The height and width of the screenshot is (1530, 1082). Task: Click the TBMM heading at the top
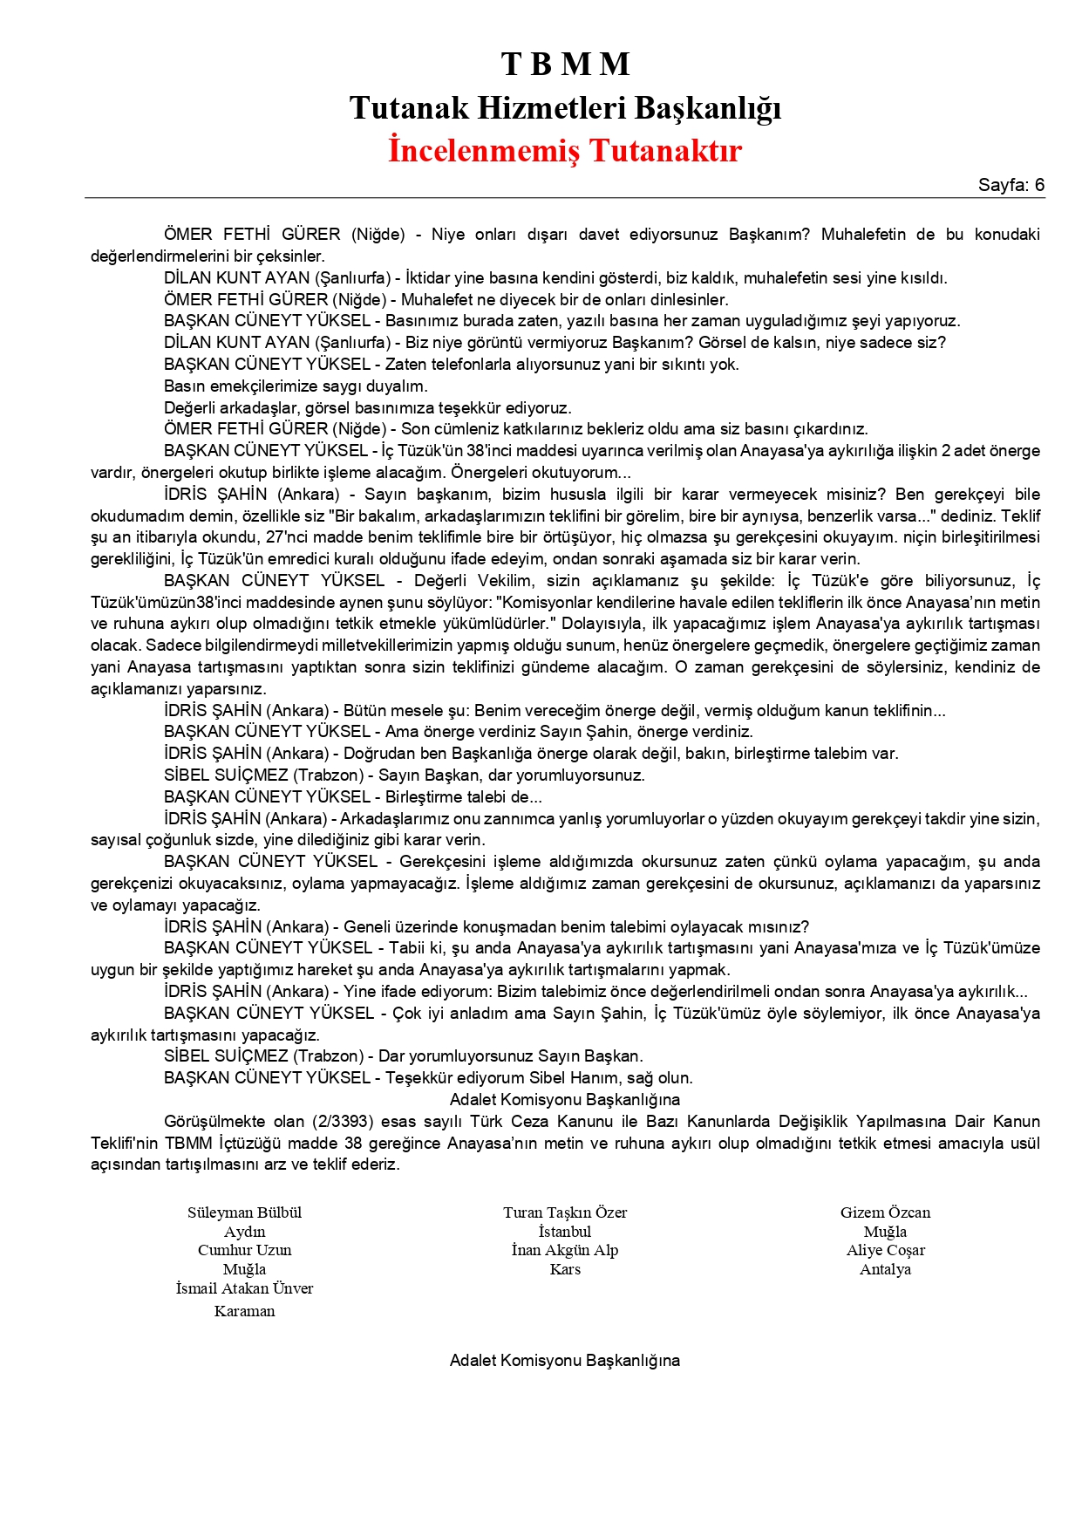point(565,65)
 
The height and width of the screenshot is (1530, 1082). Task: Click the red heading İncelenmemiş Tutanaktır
point(565,150)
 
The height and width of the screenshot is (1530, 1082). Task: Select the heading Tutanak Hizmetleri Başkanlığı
point(565,108)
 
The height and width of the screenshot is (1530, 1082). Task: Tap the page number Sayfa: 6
point(1011,185)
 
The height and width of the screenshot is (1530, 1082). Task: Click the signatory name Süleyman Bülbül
point(244,1212)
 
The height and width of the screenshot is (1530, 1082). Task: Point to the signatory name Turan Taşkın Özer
point(565,1212)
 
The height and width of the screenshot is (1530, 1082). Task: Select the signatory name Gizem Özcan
point(885,1212)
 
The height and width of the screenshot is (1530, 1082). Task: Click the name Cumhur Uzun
point(244,1250)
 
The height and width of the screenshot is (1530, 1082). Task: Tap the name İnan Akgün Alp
point(565,1250)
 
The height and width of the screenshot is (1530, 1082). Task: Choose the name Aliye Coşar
point(885,1250)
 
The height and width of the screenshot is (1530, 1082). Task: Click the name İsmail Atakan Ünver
point(244,1288)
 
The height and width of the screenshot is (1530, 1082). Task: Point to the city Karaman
point(244,1311)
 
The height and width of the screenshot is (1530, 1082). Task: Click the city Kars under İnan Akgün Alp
point(565,1269)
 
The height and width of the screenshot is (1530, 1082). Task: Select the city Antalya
point(885,1269)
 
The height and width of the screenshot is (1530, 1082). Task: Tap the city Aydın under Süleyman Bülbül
point(244,1232)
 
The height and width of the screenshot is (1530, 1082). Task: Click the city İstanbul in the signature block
point(565,1232)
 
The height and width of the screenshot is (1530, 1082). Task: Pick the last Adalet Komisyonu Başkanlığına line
point(565,1361)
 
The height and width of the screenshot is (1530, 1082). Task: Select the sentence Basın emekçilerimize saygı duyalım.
point(296,386)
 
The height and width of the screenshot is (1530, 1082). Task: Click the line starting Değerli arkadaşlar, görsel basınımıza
point(367,407)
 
